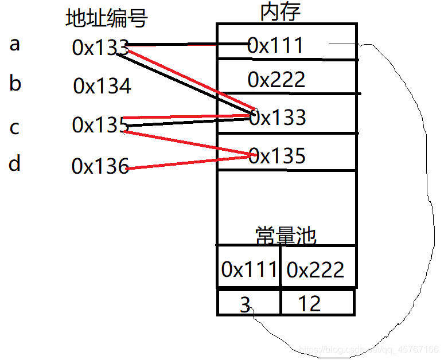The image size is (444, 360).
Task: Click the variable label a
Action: click(15, 44)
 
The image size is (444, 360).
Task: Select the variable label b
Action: click(15, 84)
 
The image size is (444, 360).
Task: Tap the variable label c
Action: click(15, 127)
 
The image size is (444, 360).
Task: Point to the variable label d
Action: click(15, 165)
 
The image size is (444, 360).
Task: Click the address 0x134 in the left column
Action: click(102, 87)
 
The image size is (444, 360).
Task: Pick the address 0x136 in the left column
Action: click(100, 167)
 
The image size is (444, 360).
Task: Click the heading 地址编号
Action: click(107, 19)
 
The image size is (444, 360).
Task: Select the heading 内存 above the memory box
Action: click(281, 12)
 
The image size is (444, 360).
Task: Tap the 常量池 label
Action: click(286, 235)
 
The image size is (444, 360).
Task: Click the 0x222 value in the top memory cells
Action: click(276, 80)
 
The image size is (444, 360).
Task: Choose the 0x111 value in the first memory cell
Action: click(275, 45)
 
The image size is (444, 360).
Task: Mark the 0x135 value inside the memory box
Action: click(278, 156)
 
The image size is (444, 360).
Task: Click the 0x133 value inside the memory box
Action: click(278, 118)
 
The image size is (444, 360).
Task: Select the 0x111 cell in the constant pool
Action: click(249, 269)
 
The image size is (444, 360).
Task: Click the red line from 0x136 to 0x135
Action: click(189, 161)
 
